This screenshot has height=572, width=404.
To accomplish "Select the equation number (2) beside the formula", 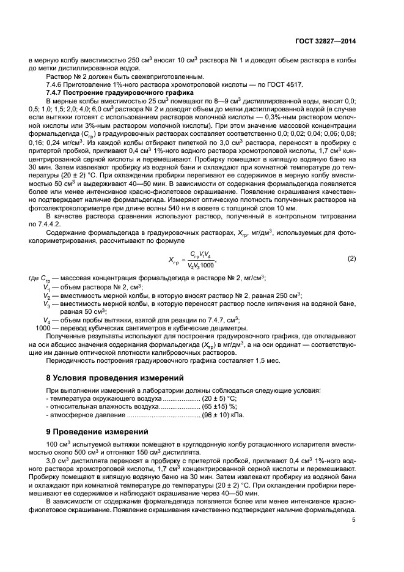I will tap(351, 258).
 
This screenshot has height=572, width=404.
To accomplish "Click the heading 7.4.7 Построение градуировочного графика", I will tap(119, 92).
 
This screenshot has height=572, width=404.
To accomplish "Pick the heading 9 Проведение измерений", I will tap(90, 431).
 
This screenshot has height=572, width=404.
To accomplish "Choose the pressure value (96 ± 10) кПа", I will tap(224, 415).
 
